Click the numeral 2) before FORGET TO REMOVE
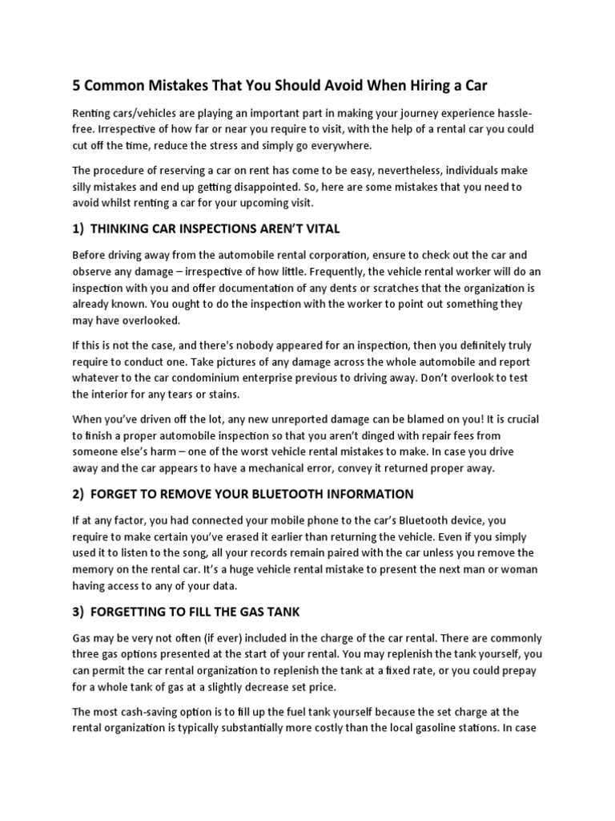click(x=78, y=493)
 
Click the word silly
click(x=86, y=187)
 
